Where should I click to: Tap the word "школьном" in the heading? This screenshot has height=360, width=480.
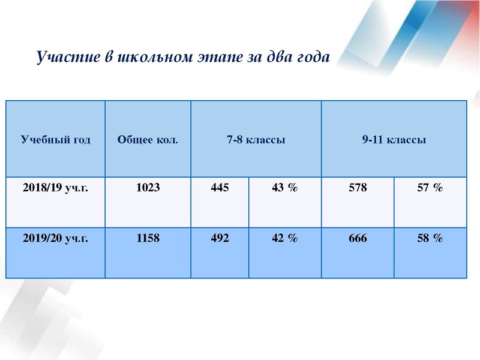click(151, 58)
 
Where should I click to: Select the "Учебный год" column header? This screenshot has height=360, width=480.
click(56, 140)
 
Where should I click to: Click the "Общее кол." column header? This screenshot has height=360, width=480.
click(148, 140)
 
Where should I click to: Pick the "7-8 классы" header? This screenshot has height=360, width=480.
click(256, 140)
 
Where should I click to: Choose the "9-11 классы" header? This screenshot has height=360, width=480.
click(394, 140)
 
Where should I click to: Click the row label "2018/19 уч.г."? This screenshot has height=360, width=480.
click(55, 188)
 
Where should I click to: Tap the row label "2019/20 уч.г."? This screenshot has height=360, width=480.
click(55, 238)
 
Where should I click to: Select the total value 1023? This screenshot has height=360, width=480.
click(148, 188)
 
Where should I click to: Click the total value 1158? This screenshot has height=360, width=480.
click(148, 238)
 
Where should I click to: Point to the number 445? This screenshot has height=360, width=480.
click(220, 188)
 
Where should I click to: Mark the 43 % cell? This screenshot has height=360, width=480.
click(284, 188)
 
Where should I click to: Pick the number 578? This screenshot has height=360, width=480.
click(358, 188)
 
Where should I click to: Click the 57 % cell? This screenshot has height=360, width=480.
click(430, 188)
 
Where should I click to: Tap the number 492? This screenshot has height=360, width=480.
click(220, 238)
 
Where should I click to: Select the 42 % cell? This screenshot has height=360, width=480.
click(284, 238)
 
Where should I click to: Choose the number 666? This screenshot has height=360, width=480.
click(358, 238)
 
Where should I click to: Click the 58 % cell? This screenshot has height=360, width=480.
click(430, 238)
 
